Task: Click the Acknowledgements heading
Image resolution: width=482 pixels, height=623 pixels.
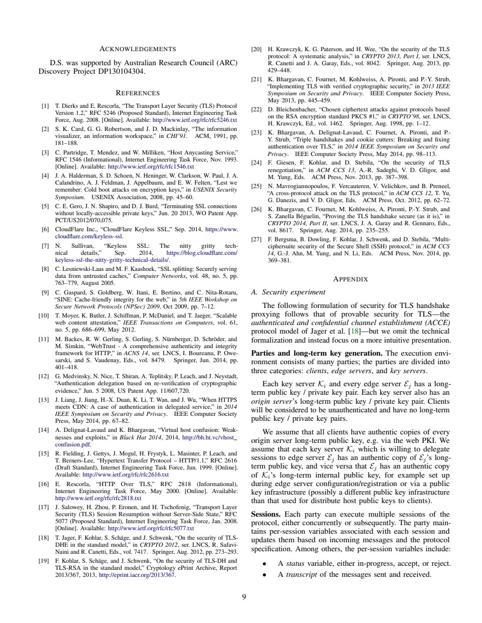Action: tap(138, 49)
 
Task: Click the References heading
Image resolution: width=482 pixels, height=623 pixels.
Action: tap(138, 93)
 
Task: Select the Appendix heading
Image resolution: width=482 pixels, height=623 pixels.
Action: tap(350, 279)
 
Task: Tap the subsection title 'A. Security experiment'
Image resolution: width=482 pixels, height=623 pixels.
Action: tap(288, 292)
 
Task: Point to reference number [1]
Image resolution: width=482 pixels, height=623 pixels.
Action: tap(45, 106)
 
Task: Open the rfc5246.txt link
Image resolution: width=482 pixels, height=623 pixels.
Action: tap(194, 120)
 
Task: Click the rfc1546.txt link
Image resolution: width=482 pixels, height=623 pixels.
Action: tap(151, 166)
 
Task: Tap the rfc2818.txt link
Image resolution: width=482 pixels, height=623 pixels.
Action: tap(98, 498)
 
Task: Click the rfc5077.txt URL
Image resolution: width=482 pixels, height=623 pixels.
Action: tap(151, 528)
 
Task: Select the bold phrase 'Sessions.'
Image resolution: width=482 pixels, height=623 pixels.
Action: tap(266, 514)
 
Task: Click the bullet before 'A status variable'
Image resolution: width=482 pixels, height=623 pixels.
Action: tap(265, 564)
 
